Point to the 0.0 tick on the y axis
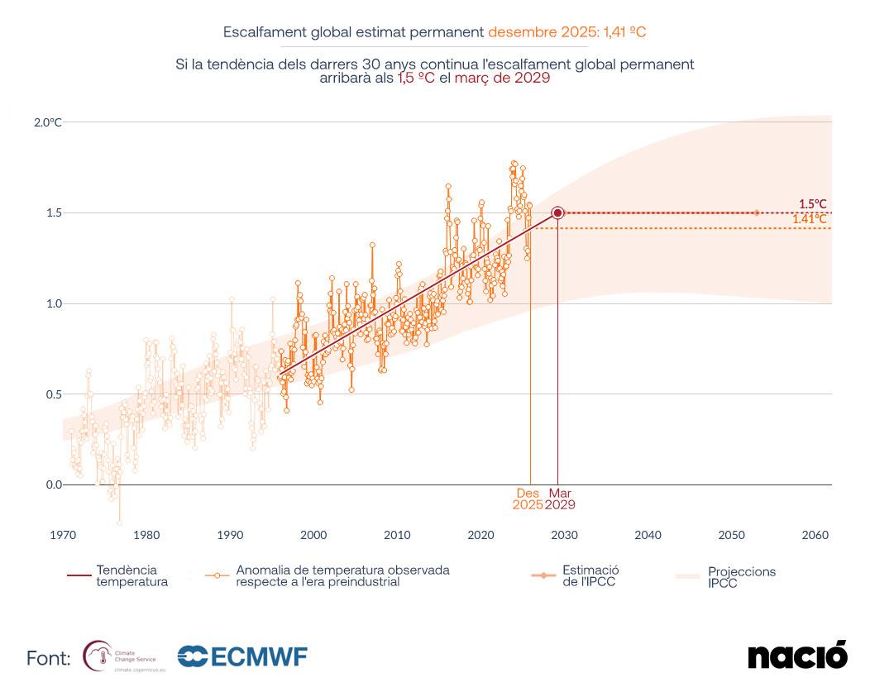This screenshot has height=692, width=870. [x=53, y=484]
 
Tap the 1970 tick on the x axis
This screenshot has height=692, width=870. [x=63, y=535]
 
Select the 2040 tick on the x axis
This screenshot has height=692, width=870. [x=648, y=535]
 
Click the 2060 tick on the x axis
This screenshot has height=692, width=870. [x=815, y=535]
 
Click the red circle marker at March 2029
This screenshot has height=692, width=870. [x=557, y=212]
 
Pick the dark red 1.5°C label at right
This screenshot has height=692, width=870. [x=812, y=203]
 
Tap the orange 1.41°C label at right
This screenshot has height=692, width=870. [x=810, y=219]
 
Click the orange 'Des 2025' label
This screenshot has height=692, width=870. [x=528, y=499]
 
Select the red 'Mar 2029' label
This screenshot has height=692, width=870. [x=560, y=499]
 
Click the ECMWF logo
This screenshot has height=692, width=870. [x=242, y=657]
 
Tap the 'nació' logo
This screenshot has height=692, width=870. [x=797, y=656]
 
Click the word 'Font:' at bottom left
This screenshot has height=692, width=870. [x=48, y=659]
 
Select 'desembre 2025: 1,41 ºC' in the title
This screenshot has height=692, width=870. [x=566, y=32]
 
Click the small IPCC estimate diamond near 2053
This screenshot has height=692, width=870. [x=756, y=212]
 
